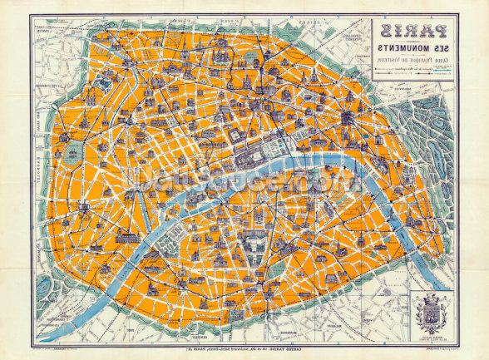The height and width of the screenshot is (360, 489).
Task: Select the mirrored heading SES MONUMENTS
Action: (x=413, y=52)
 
